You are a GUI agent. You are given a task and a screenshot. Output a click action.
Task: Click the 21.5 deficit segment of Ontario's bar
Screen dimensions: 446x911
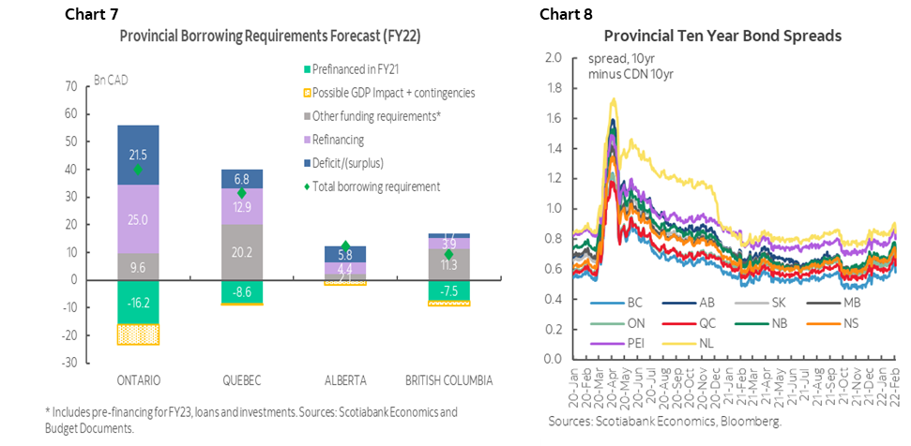point(138,155)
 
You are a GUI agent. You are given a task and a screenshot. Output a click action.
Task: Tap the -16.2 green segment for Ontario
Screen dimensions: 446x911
point(138,303)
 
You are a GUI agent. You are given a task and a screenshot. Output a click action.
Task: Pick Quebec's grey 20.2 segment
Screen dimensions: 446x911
point(242,251)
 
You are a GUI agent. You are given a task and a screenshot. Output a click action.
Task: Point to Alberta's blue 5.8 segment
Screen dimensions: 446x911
point(344,254)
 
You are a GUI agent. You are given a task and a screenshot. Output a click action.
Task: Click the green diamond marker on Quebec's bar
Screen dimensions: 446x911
point(242,193)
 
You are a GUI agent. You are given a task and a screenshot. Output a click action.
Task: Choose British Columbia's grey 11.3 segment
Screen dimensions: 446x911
point(448,264)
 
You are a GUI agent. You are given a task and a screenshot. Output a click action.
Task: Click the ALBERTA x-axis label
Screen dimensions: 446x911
point(344,381)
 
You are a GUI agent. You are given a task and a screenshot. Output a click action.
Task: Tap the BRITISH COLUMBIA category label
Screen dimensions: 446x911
point(448,381)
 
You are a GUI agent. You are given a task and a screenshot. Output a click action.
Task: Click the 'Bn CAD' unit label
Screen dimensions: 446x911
point(112,79)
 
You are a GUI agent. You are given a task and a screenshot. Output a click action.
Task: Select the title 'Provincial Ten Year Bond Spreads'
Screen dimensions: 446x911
point(722,37)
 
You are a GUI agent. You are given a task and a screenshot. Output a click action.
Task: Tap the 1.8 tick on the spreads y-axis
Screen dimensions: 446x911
point(553,88)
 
